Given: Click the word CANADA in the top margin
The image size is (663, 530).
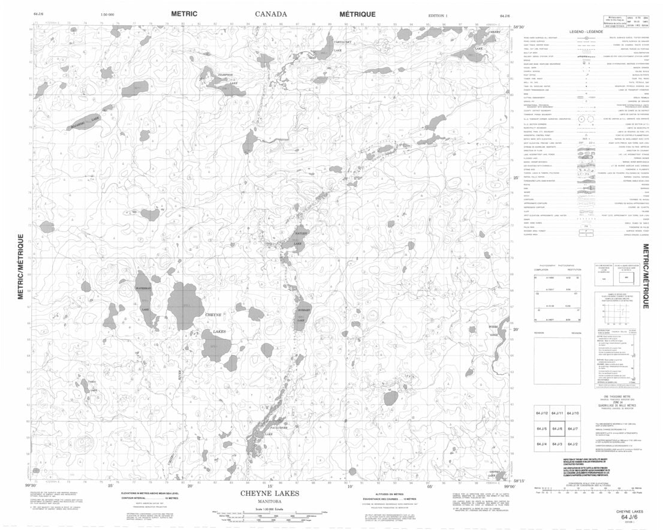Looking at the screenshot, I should point(270,14).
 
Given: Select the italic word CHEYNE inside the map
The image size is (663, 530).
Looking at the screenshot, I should point(213,315).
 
